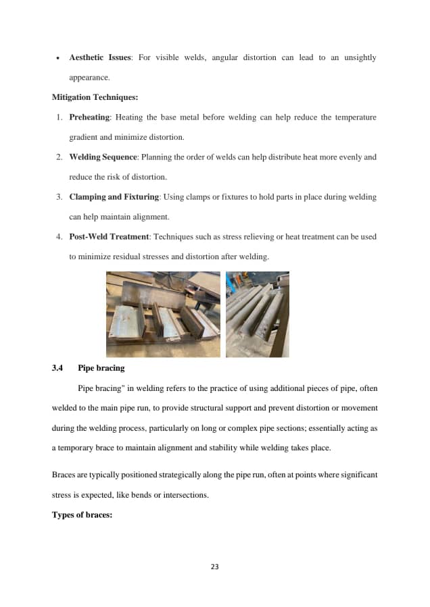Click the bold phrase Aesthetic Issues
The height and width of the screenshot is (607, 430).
tap(100, 58)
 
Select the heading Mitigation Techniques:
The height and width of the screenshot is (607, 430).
tap(95, 97)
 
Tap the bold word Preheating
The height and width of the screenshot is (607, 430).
tap(90, 117)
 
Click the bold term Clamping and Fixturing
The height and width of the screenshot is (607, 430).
tap(114, 197)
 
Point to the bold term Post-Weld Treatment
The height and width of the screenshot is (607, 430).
tap(109, 237)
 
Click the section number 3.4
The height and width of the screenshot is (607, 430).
tap(57, 369)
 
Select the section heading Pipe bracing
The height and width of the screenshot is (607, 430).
tap(101, 369)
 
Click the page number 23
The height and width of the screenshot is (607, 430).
tap(215, 566)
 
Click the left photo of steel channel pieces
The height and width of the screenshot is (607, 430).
tap(163, 314)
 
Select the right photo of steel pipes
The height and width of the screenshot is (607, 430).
tap(258, 314)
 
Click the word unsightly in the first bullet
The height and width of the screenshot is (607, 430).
tap(359, 58)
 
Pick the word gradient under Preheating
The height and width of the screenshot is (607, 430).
tap(83, 137)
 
